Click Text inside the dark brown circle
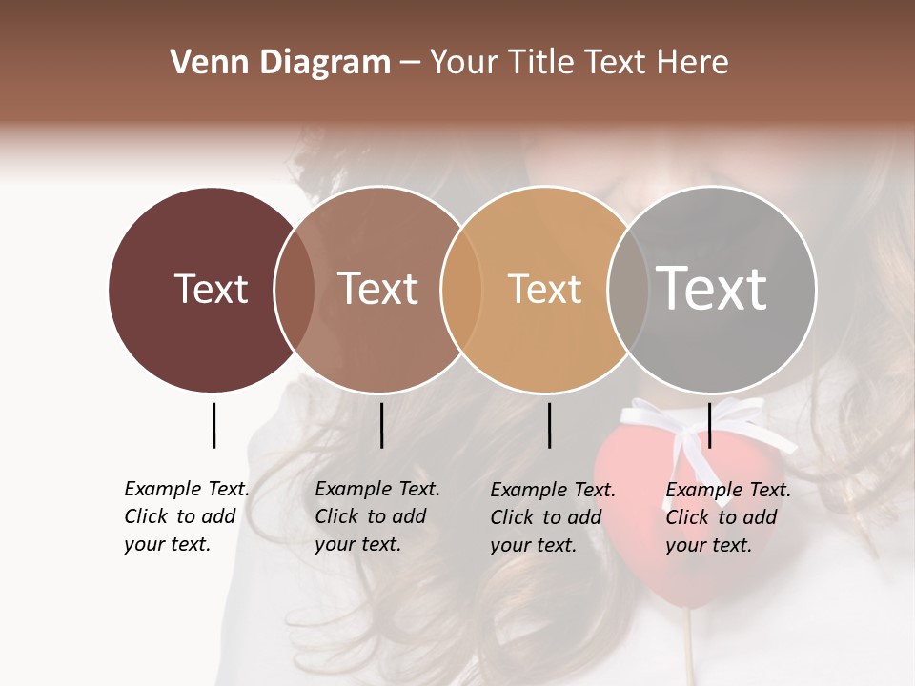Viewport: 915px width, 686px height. pyautogui.click(x=211, y=289)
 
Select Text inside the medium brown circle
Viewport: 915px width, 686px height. pyautogui.click(x=378, y=289)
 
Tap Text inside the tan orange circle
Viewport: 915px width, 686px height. pyautogui.click(x=544, y=289)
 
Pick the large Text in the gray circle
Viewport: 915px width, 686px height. pyautogui.click(x=712, y=289)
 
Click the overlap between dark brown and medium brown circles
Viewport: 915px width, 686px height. pyautogui.click(x=295, y=289)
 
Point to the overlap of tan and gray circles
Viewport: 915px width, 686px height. pyautogui.click(x=628, y=289)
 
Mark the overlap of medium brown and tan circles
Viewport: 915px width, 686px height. pyautogui.click(x=461, y=289)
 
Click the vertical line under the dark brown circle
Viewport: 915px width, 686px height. pyautogui.click(x=213, y=425)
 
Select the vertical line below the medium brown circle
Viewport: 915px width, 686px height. pyautogui.click(x=381, y=425)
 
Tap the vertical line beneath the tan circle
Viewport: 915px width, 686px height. pyautogui.click(x=549, y=425)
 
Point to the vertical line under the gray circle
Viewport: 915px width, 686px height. pyautogui.click(x=709, y=425)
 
